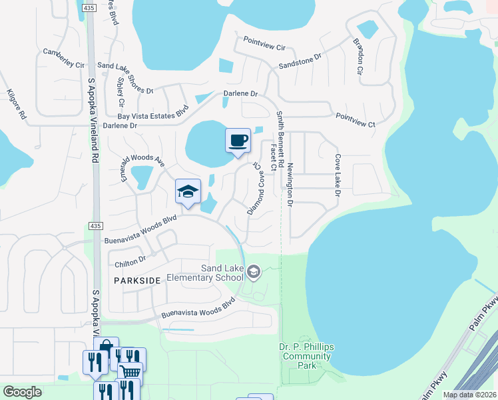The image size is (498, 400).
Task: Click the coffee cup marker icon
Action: click(x=238, y=141)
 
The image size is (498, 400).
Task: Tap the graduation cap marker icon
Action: click(x=188, y=191)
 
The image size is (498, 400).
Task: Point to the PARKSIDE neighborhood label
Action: click(x=136, y=281)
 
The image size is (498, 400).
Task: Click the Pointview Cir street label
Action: click(x=264, y=47)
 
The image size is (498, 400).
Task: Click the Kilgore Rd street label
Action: click(x=16, y=105)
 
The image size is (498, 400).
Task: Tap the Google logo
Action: click(x=22, y=392)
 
